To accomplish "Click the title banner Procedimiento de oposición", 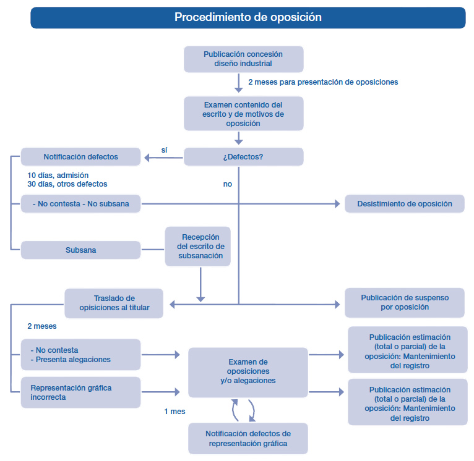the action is (x=248, y=17).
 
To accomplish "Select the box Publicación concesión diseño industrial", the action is (x=244, y=59).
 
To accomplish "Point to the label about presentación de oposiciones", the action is (x=323, y=82).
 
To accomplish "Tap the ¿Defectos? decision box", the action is (x=244, y=157).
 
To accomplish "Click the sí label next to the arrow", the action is (x=164, y=150).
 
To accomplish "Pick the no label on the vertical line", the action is (x=228, y=184).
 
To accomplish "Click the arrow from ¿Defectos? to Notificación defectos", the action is (x=163, y=158).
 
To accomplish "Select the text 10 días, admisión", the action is (x=58, y=176).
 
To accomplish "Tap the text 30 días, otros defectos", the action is (x=67, y=184).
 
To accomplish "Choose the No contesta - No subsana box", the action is (x=80, y=204).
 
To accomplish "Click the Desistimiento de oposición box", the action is (x=405, y=204).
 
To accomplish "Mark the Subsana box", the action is (x=80, y=250).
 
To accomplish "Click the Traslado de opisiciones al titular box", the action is (x=114, y=303).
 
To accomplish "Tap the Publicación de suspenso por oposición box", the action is (x=405, y=303).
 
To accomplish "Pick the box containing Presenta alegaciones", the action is (x=80, y=355).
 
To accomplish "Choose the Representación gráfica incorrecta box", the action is (x=80, y=392).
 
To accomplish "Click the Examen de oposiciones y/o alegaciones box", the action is (x=248, y=373).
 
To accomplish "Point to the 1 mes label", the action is (x=175, y=412).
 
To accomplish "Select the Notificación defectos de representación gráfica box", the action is (x=248, y=438).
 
